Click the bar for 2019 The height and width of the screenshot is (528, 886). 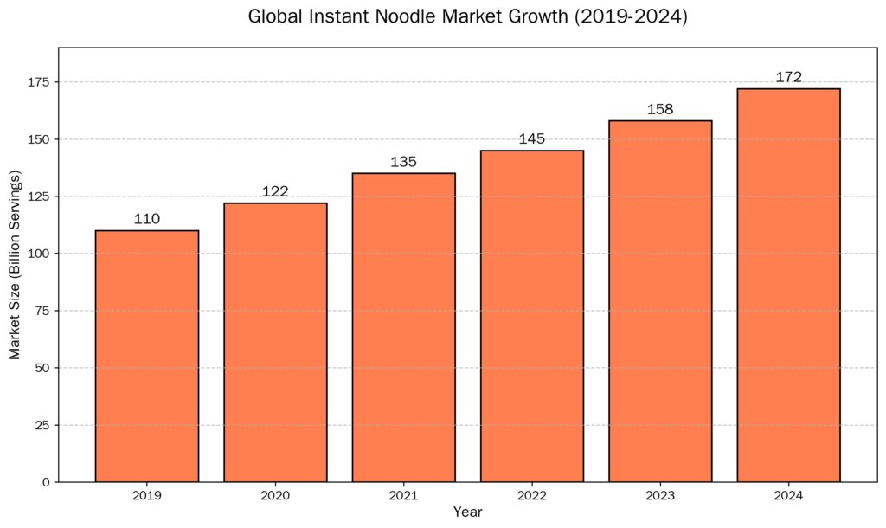[x=147, y=356]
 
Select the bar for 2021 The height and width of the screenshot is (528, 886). [x=403, y=327]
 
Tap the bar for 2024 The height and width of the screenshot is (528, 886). [x=788, y=285]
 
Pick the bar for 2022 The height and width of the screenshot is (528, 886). [x=532, y=316]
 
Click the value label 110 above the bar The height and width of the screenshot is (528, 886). [x=147, y=219]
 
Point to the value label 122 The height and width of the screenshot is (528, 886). [x=275, y=191]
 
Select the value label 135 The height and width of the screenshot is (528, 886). [x=403, y=162]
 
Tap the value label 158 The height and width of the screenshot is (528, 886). [x=660, y=109]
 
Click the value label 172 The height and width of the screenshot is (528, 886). [x=788, y=77]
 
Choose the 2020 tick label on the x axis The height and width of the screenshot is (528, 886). [x=275, y=496]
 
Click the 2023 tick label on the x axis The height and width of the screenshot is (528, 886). [x=660, y=496]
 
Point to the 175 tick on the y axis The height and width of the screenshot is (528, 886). [x=39, y=82]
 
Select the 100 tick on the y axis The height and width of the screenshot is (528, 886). [x=39, y=254]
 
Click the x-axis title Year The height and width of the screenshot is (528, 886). [x=467, y=512]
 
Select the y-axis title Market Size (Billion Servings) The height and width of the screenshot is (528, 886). [x=15, y=265]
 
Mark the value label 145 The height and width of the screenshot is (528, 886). [x=532, y=138]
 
